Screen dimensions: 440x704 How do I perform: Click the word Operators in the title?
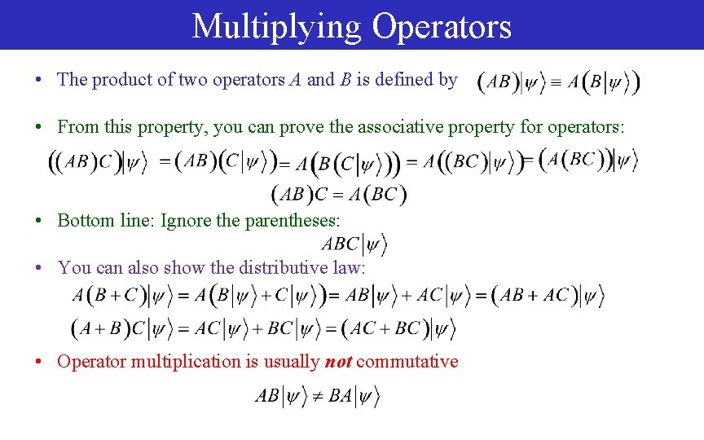(442, 26)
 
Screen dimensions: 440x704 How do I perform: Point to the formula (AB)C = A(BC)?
(339, 194)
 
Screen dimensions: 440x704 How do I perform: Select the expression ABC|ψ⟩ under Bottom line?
(354, 244)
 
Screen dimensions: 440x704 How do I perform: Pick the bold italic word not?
(337, 362)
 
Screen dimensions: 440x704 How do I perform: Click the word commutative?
(407, 362)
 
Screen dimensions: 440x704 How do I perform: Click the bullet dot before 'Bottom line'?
(39, 221)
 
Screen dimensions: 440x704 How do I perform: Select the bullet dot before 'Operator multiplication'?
(39, 363)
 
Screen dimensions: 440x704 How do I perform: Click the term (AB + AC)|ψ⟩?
(548, 296)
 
